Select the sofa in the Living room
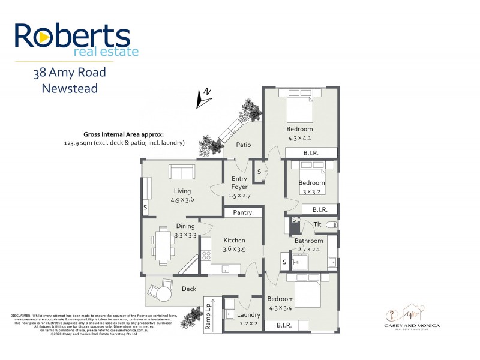182,173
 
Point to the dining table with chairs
163,245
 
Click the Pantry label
243,212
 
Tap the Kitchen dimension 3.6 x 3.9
235,249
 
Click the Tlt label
317,224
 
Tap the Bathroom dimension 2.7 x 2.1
308,249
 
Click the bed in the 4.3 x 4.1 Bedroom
299,106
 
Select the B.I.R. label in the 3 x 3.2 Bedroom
319,209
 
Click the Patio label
243,145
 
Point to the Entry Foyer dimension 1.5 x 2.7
239,195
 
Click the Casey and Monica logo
412,316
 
